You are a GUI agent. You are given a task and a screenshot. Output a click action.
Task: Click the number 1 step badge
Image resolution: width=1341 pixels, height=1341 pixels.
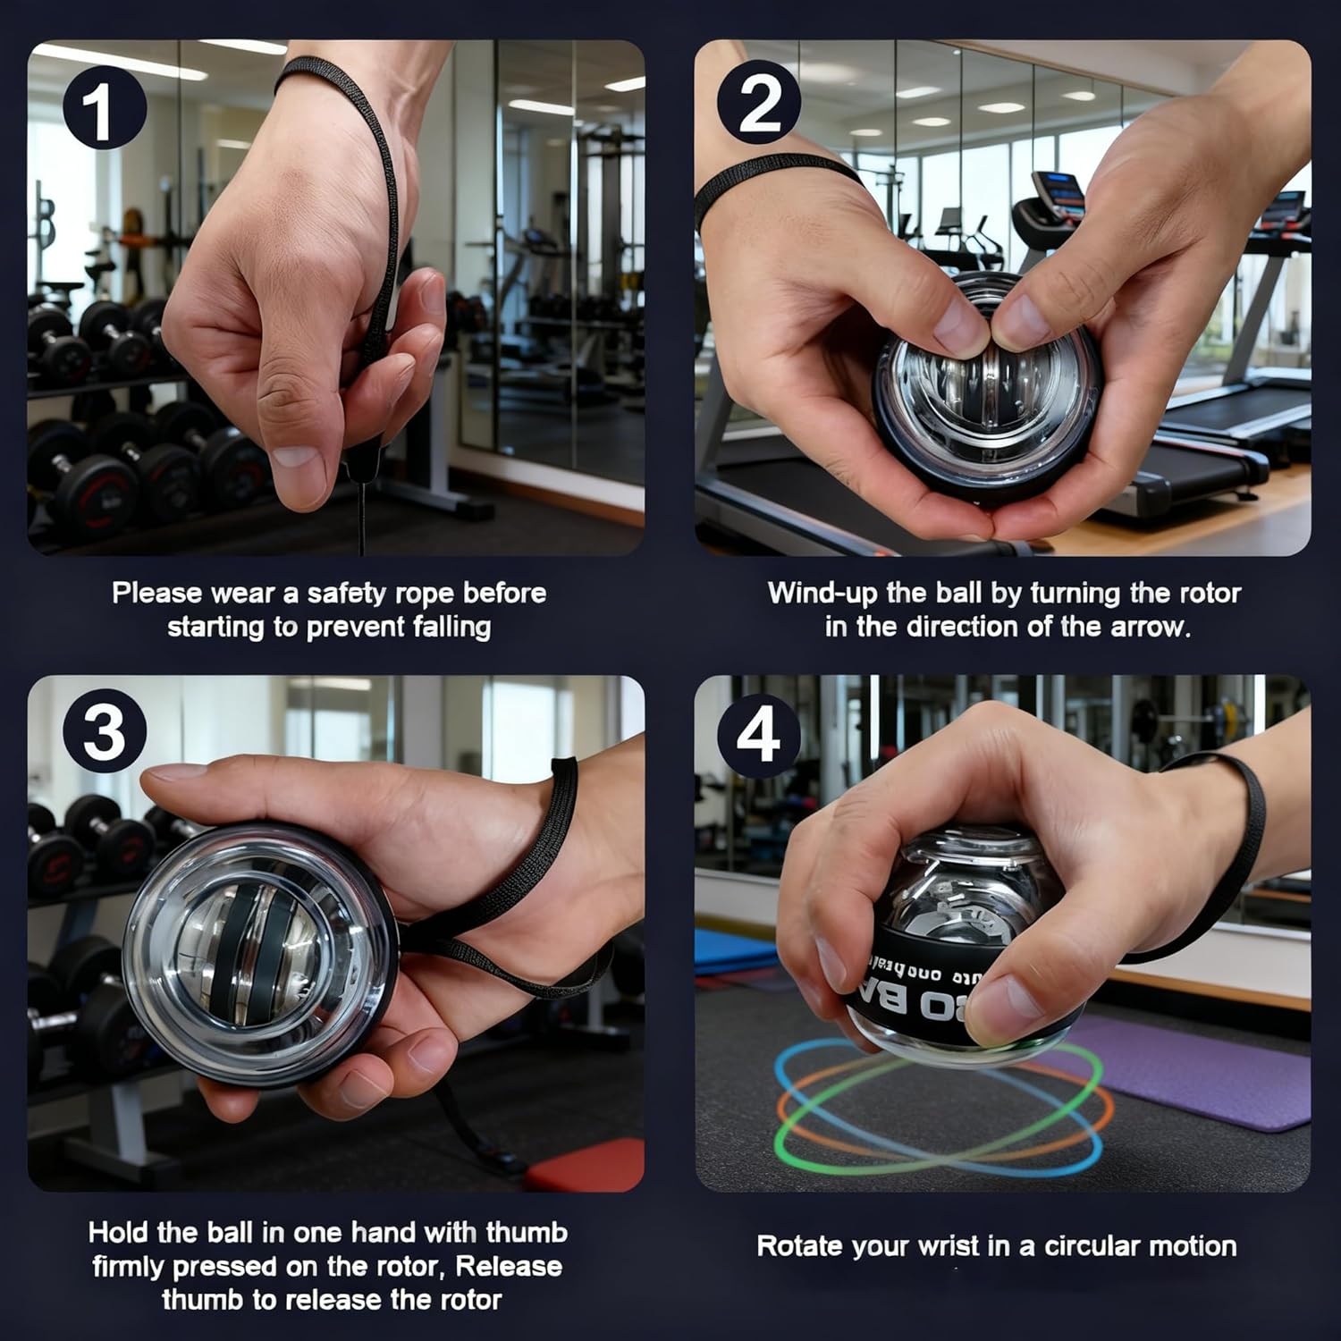(x=104, y=112)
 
